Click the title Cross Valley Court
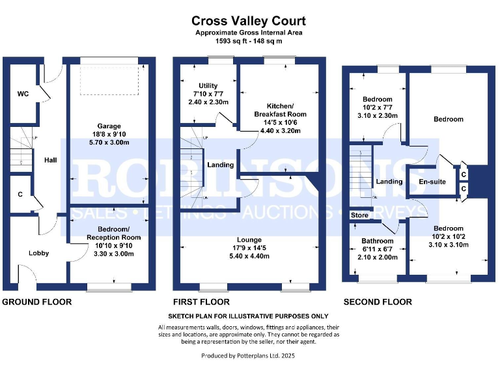click(x=249, y=22)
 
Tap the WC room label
click(x=23, y=94)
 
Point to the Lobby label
click(x=38, y=253)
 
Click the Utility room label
click(x=208, y=86)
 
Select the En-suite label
click(x=432, y=182)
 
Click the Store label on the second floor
click(x=359, y=215)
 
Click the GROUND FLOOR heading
click(x=37, y=302)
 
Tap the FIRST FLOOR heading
click(x=201, y=302)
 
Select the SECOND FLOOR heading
click(x=378, y=302)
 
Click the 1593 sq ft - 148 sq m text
click(x=249, y=40)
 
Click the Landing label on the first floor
click(x=220, y=165)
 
